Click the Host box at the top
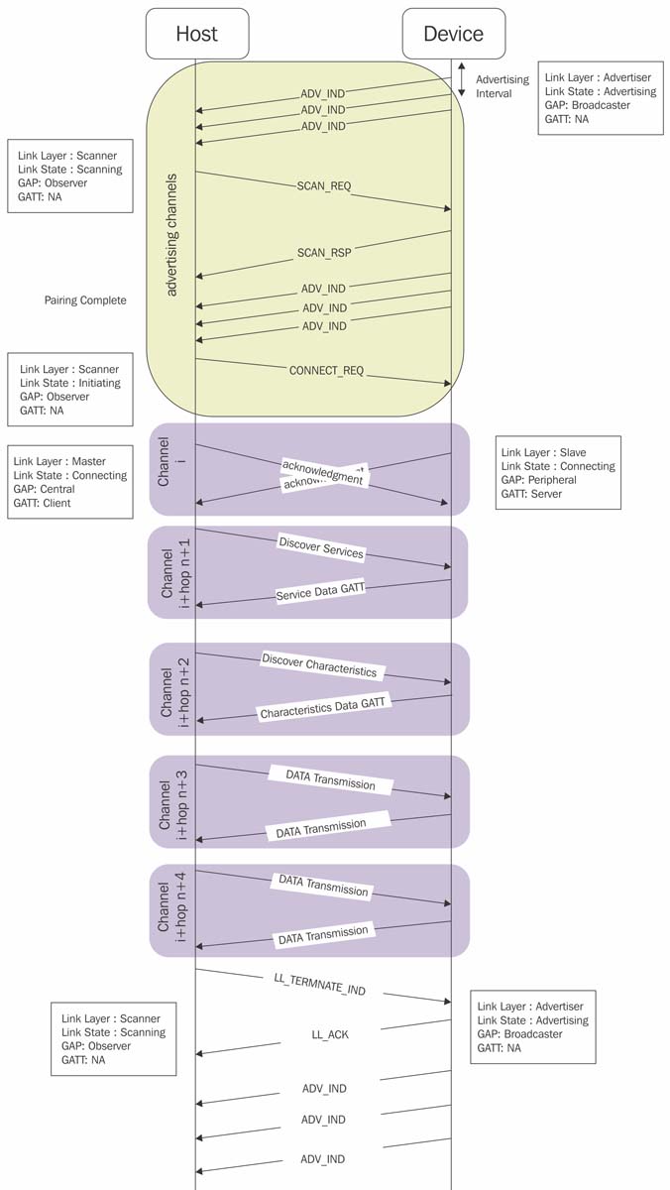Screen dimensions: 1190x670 pyautogui.click(x=196, y=34)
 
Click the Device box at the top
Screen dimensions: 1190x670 pyautogui.click(x=453, y=34)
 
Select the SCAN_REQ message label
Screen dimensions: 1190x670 pyautogui.click(x=324, y=185)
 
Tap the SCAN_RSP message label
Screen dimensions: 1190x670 pyautogui.click(x=324, y=253)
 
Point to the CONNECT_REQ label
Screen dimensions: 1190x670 pyautogui.click(x=326, y=371)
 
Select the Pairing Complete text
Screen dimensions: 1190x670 pyautogui.click(x=85, y=300)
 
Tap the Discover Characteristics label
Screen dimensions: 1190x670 pyautogui.click(x=319, y=665)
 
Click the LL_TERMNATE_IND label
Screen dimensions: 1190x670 pyautogui.click(x=319, y=982)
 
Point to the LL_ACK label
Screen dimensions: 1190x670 pyautogui.click(x=330, y=1034)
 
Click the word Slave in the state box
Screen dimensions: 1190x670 pyautogui.click(x=572, y=452)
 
